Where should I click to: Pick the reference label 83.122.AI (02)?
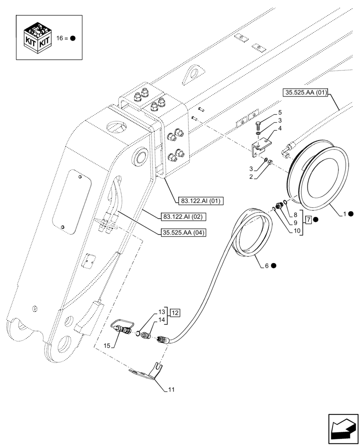[x=182, y=217]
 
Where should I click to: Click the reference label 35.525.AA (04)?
[x=182, y=232]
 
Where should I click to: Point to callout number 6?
[x=266, y=265]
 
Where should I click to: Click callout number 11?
[x=171, y=390]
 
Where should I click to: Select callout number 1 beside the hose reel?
[x=344, y=214]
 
